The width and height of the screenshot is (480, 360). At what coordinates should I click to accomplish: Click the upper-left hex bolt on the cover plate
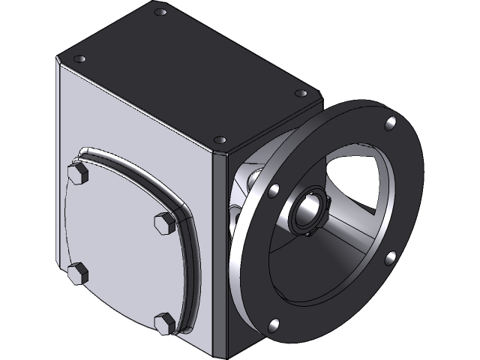point(77,175)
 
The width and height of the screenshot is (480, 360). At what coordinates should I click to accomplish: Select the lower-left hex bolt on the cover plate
point(78,272)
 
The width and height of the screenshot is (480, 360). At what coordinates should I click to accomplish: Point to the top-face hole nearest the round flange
point(301,93)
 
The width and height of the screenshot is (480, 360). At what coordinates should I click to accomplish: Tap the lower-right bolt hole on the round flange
point(390,259)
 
